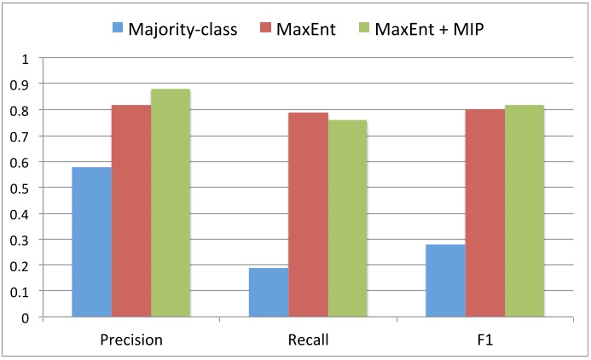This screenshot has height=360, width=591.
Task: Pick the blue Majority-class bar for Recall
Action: (x=269, y=293)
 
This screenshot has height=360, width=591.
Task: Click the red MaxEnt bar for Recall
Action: (x=308, y=215)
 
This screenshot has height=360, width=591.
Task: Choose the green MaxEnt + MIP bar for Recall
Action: (x=347, y=218)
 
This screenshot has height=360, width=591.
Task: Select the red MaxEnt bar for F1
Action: (x=485, y=213)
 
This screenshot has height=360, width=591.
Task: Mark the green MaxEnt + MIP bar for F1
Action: (x=524, y=211)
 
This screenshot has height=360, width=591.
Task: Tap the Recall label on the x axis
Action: (x=308, y=339)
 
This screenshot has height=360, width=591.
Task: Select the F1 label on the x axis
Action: (x=485, y=339)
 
